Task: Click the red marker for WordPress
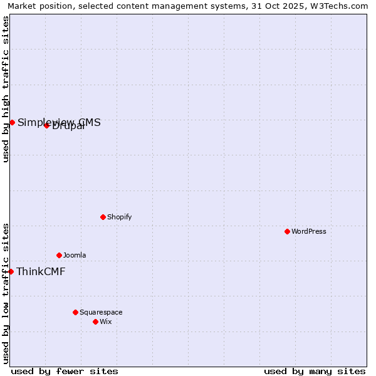tap(287, 231)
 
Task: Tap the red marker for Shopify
tap(103, 217)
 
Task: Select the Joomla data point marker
tap(59, 255)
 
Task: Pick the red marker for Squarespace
tap(75, 312)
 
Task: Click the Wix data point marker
tap(95, 321)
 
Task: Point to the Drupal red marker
tap(46, 125)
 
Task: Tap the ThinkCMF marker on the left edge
tap(11, 271)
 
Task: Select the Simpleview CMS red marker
tap(12, 122)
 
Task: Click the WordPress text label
tap(309, 231)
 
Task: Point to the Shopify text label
tap(119, 217)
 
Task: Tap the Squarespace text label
tap(101, 312)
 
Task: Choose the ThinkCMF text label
tap(41, 271)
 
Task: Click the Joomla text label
tap(75, 255)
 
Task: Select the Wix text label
tap(105, 321)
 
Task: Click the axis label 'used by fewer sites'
tap(65, 371)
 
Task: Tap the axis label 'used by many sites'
tap(315, 371)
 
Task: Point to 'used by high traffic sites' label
tap(6, 89)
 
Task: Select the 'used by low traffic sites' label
tap(6, 293)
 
